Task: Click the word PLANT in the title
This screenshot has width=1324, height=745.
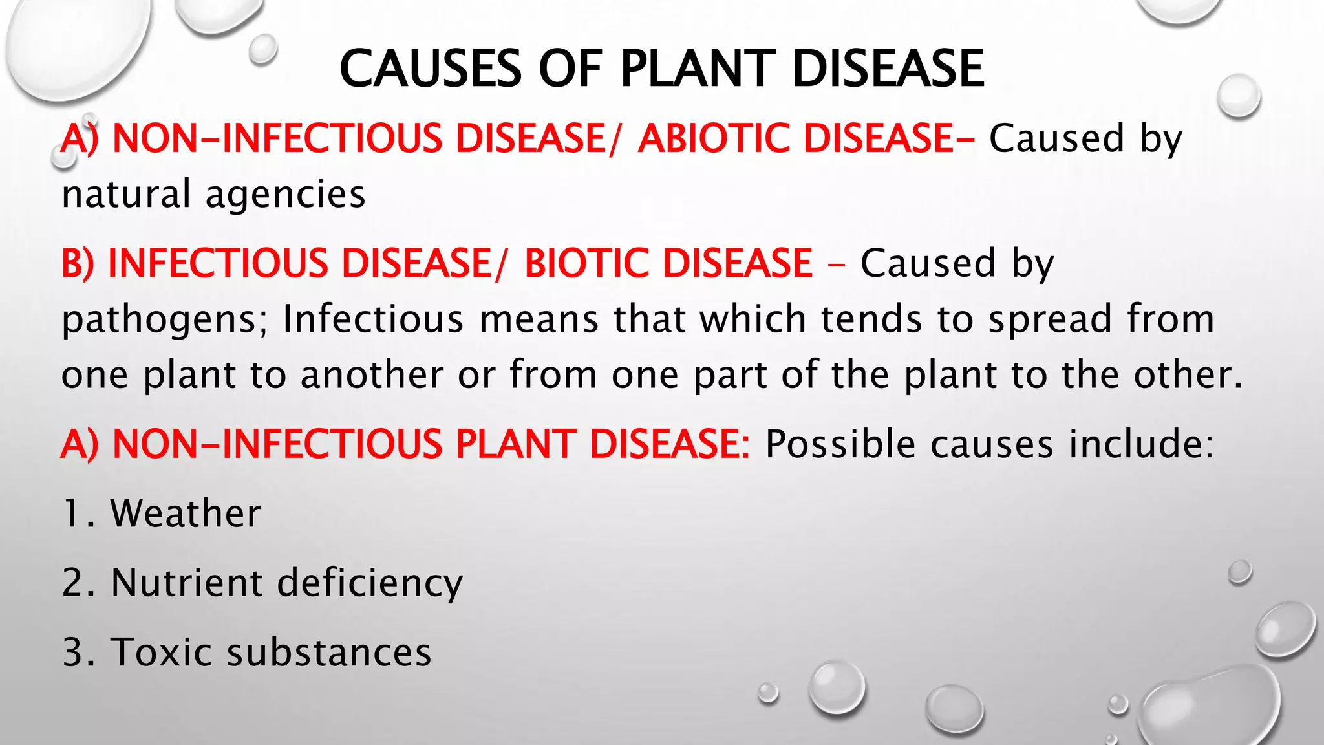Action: [x=698, y=69]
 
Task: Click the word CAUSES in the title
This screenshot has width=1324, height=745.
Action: [x=430, y=69]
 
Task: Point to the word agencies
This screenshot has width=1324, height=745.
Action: [x=285, y=195]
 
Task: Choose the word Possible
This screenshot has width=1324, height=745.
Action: [x=840, y=444]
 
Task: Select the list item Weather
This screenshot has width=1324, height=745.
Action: [x=186, y=513]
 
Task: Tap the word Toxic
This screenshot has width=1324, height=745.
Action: [x=160, y=652]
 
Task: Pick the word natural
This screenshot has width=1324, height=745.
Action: [x=126, y=195]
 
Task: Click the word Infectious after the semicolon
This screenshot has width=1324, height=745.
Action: [x=373, y=319]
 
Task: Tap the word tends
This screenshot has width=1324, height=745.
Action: [x=871, y=319]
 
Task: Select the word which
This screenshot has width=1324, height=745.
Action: [x=753, y=319]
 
